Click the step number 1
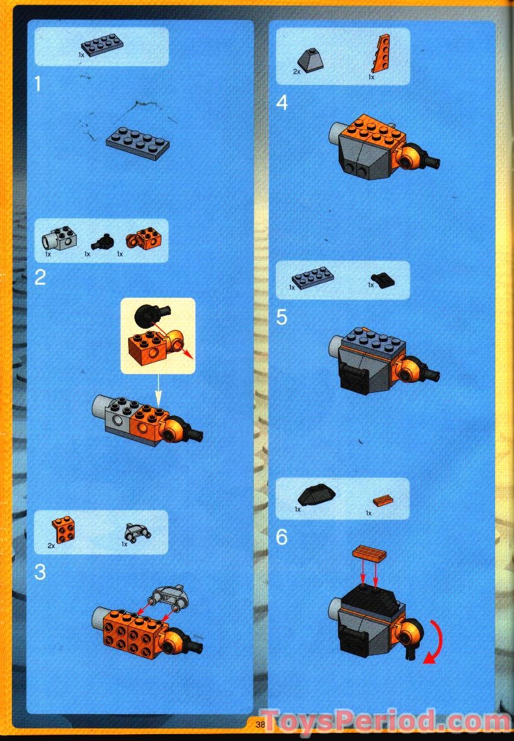coord(39,84)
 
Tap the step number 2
coord(40,277)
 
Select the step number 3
coord(40,572)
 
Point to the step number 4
coord(282,102)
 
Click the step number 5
coord(282,317)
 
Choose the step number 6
coord(282,537)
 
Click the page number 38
coord(261,724)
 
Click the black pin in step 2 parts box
coord(101,241)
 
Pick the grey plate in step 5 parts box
coord(312,277)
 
